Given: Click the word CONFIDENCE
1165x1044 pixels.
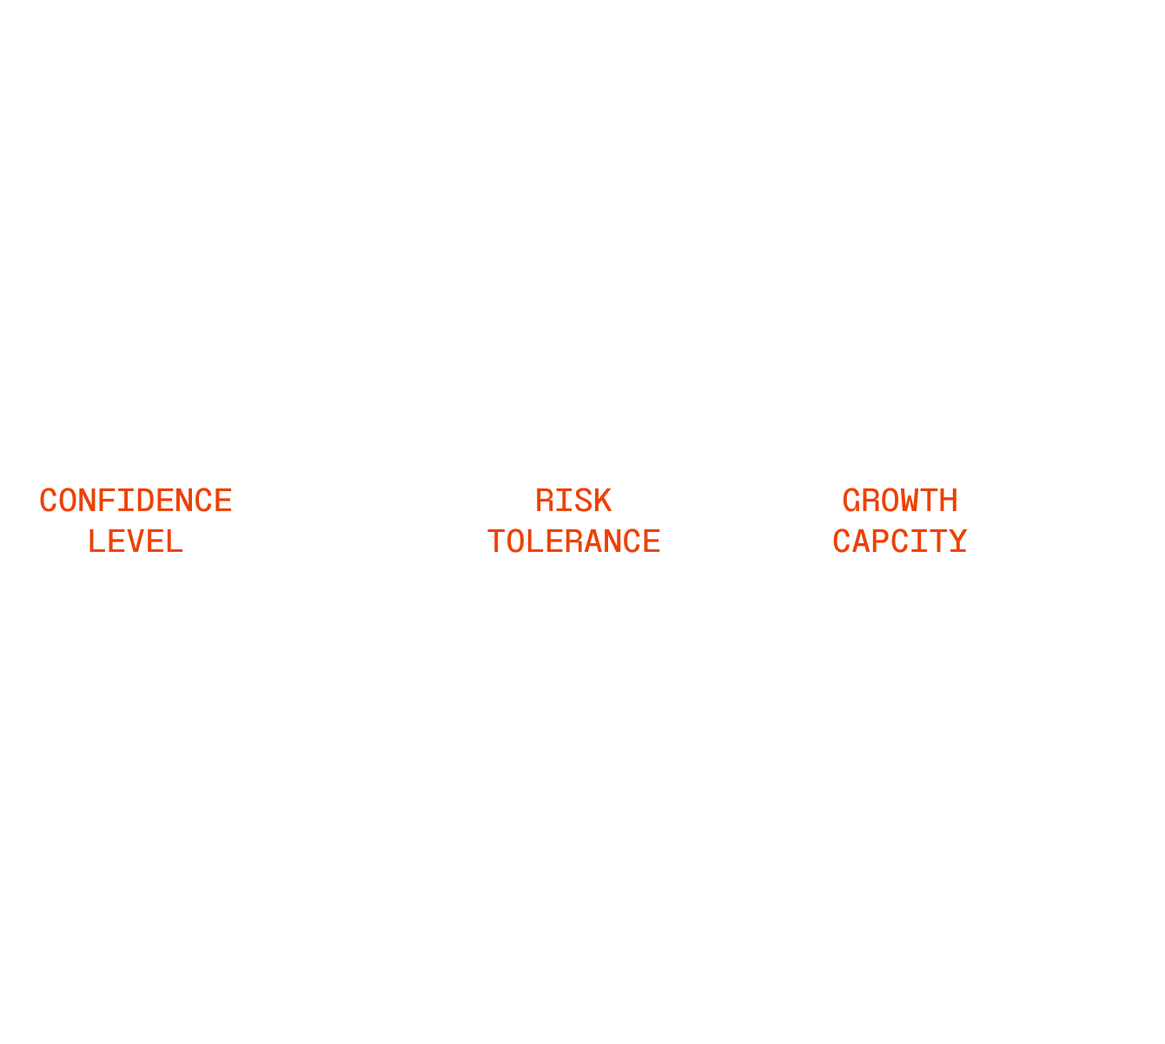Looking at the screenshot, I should pyautogui.click(x=136, y=501).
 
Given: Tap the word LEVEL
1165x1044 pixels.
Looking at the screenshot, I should pyautogui.click(x=136, y=542).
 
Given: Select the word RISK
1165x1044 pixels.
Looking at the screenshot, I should pyautogui.click(x=573, y=501).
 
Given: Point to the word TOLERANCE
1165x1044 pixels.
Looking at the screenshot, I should pyautogui.click(x=573, y=542).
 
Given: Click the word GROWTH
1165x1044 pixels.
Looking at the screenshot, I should pyautogui.click(x=900, y=501).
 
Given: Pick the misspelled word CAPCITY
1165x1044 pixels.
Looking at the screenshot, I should pyautogui.click(x=900, y=542).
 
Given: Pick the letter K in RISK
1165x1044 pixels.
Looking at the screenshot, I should pyautogui.click(x=603, y=501).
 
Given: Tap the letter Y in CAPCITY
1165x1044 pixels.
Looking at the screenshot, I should pyautogui.click(x=957, y=542).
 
